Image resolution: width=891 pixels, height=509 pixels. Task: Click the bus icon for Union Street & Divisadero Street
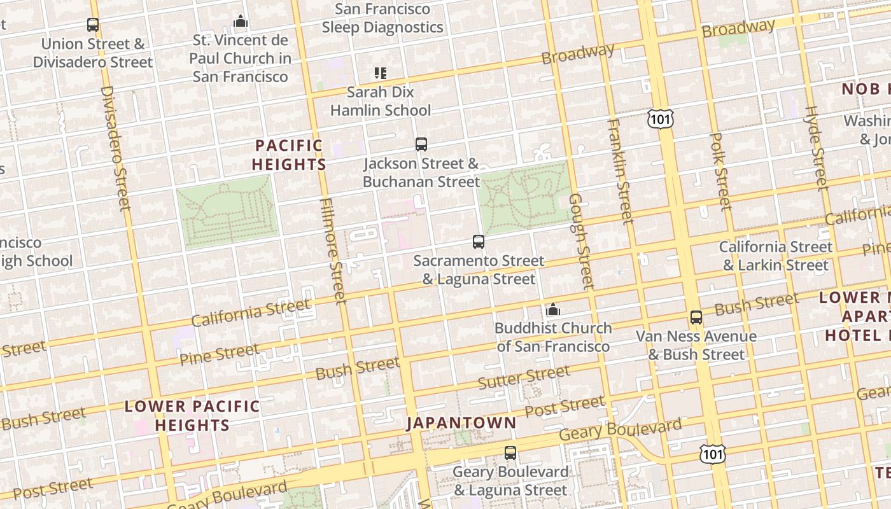93,25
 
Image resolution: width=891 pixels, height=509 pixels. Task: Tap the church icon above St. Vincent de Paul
240,22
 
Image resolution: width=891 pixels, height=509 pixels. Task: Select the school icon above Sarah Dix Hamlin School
381,73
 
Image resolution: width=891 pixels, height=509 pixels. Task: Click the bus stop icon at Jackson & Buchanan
421,144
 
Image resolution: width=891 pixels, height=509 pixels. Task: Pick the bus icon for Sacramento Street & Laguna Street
479,242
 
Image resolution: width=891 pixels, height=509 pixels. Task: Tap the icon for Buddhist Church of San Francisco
553,310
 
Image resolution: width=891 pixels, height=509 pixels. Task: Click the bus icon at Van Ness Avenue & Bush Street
696,317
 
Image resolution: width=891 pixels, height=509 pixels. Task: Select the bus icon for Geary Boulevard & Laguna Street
510,453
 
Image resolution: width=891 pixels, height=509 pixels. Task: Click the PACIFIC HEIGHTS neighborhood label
289,155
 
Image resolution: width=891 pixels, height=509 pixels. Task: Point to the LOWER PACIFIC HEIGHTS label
192,415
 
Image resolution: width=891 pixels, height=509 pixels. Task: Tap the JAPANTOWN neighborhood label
461,423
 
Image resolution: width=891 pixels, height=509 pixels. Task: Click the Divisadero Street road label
115,148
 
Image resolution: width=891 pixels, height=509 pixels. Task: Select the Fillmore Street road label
333,250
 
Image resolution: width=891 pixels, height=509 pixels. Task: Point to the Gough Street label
580,242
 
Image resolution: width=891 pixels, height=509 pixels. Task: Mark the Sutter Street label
523,377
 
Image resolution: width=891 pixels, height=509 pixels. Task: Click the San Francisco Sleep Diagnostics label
382,18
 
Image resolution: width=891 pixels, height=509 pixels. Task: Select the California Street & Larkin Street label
775,256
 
